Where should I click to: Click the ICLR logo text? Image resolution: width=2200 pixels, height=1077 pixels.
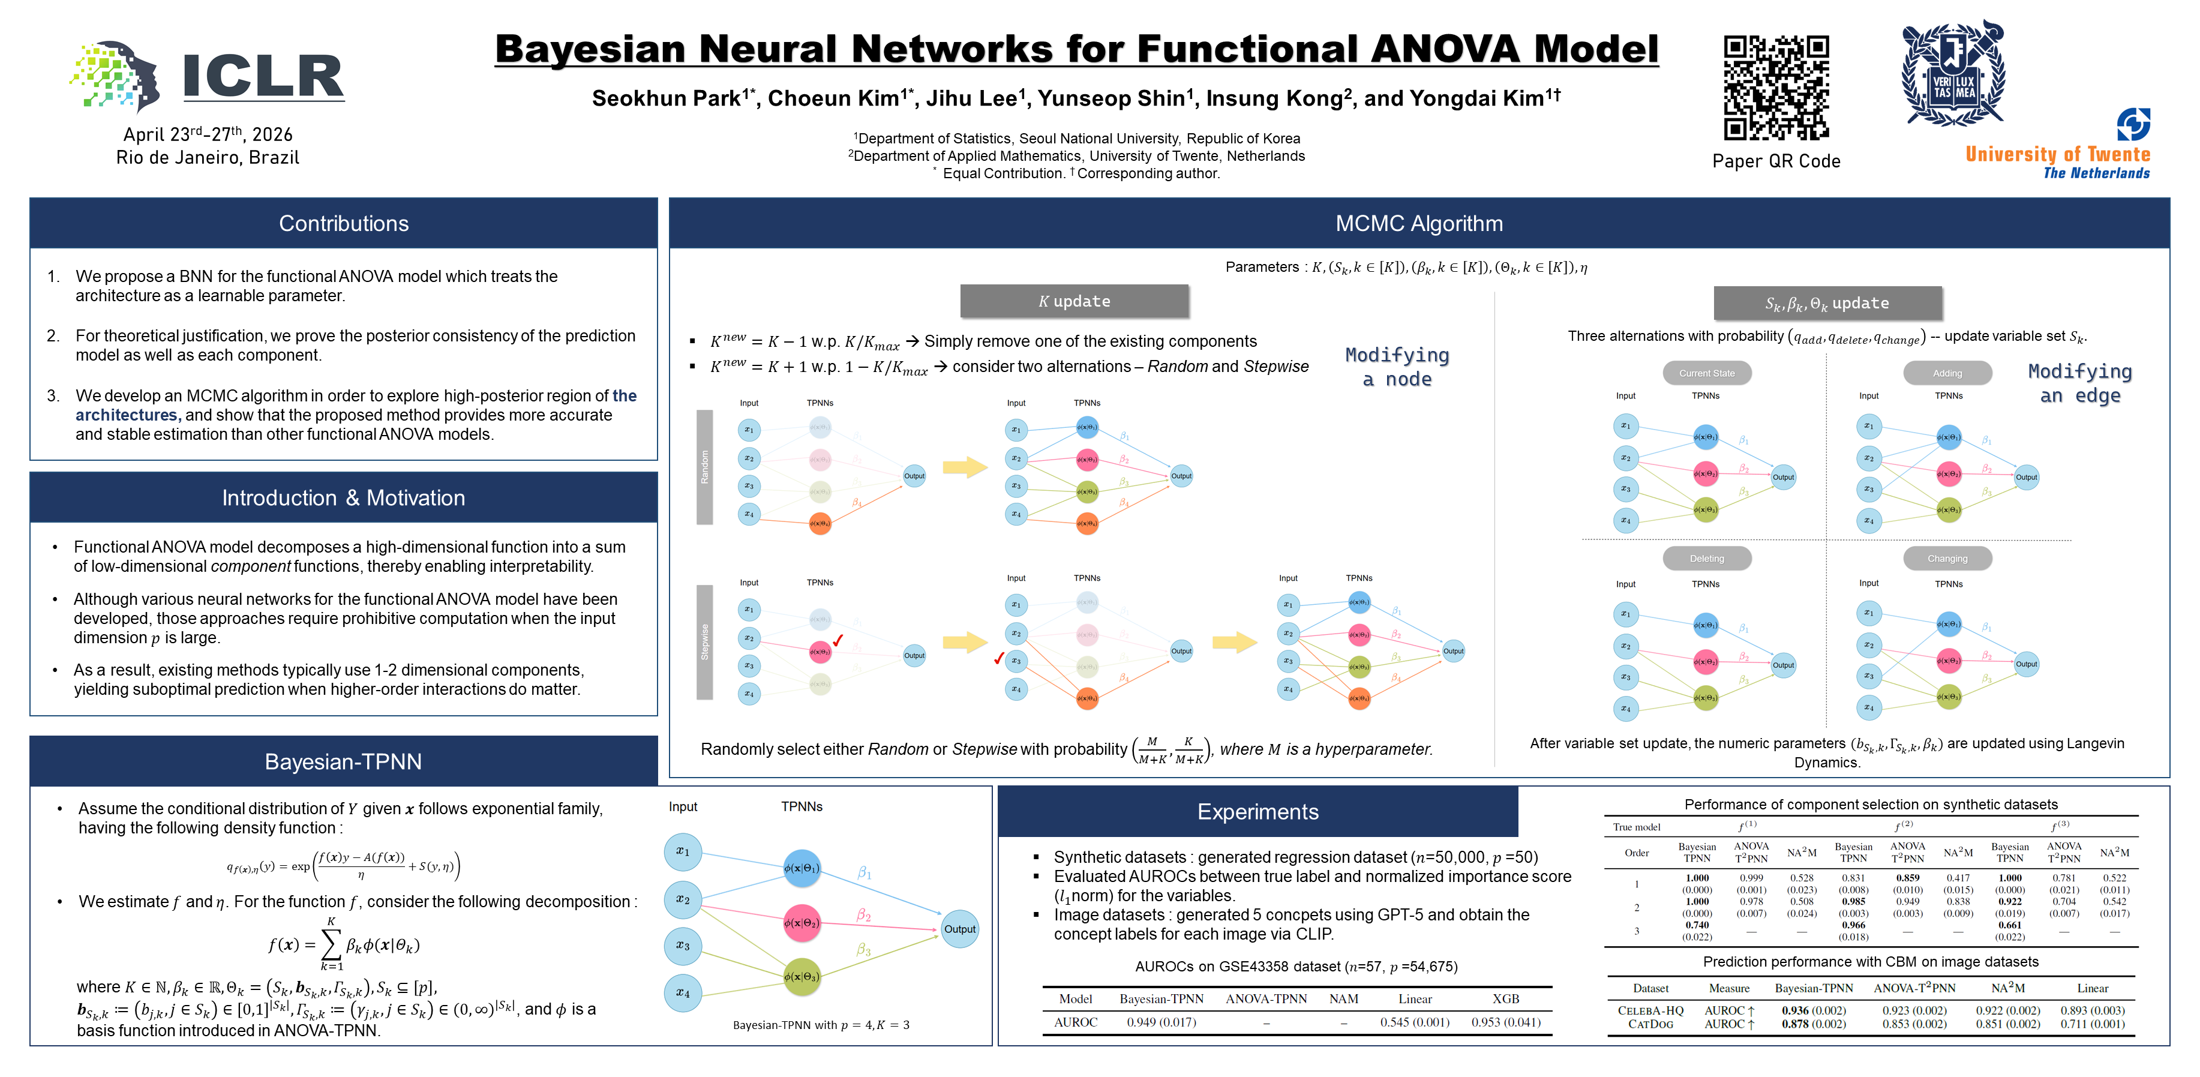pyautogui.click(x=263, y=76)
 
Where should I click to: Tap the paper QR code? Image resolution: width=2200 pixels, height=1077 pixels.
pyautogui.click(x=1776, y=87)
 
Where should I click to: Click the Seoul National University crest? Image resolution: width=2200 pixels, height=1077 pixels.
pyautogui.click(x=1953, y=75)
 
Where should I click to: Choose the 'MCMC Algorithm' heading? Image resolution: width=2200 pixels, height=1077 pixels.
pyautogui.click(x=1418, y=224)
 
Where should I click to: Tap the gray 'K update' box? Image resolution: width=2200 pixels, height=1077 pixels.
pyautogui.click(x=1075, y=301)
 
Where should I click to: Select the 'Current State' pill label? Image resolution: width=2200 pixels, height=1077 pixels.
pyautogui.click(x=1706, y=373)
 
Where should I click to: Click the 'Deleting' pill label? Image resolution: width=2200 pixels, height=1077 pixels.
pyautogui.click(x=1706, y=559)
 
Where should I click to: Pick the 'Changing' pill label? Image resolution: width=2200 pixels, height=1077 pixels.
pyautogui.click(x=1947, y=559)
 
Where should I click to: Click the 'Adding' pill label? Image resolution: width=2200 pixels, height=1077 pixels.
pyautogui.click(x=1947, y=373)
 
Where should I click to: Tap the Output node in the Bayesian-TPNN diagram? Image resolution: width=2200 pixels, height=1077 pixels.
pyautogui.click(x=959, y=929)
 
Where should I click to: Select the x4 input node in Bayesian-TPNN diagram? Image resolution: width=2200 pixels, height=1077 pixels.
pyautogui.click(x=682, y=992)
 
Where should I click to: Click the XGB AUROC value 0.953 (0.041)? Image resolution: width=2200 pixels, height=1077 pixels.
pyautogui.click(x=1506, y=1022)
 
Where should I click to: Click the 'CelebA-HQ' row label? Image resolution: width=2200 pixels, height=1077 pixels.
pyautogui.click(x=1650, y=1010)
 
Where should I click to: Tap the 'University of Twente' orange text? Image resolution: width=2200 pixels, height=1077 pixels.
pyautogui.click(x=2057, y=155)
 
